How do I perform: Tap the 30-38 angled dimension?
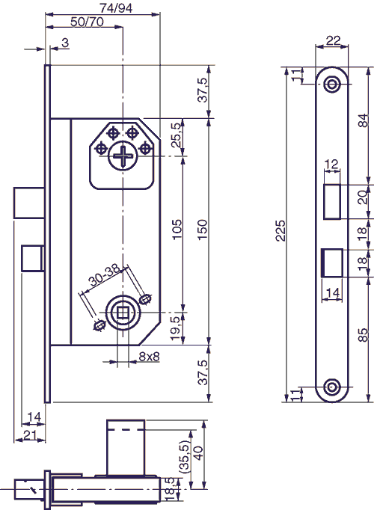coord(105,283)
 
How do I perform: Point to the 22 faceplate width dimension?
coord(333,41)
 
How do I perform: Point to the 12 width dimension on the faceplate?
coord(332,162)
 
